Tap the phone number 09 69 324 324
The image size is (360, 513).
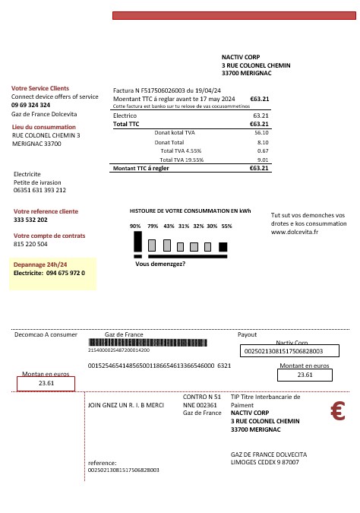click(x=31, y=105)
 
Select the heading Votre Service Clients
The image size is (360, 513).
click(x=40, y=88)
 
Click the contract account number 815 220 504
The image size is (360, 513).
click(x=31, y=244)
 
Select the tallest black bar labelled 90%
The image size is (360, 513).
click(x=137, y=241)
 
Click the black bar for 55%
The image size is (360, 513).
click(x=223, y=246)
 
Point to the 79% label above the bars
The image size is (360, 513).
click(x=152, y=226)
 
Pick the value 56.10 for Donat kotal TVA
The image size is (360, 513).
click(x=263, y=132)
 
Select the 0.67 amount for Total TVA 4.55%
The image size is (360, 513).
click(x=264, y=150)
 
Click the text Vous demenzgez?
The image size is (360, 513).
click(x=160, y=264)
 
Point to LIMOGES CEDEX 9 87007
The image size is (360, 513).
click(x=264, y=461)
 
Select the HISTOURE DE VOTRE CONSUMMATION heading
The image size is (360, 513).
click(x=190, y=210)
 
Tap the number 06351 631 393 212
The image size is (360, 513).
click(x=40, y=190)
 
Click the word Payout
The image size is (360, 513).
click(x=248, y=334)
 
